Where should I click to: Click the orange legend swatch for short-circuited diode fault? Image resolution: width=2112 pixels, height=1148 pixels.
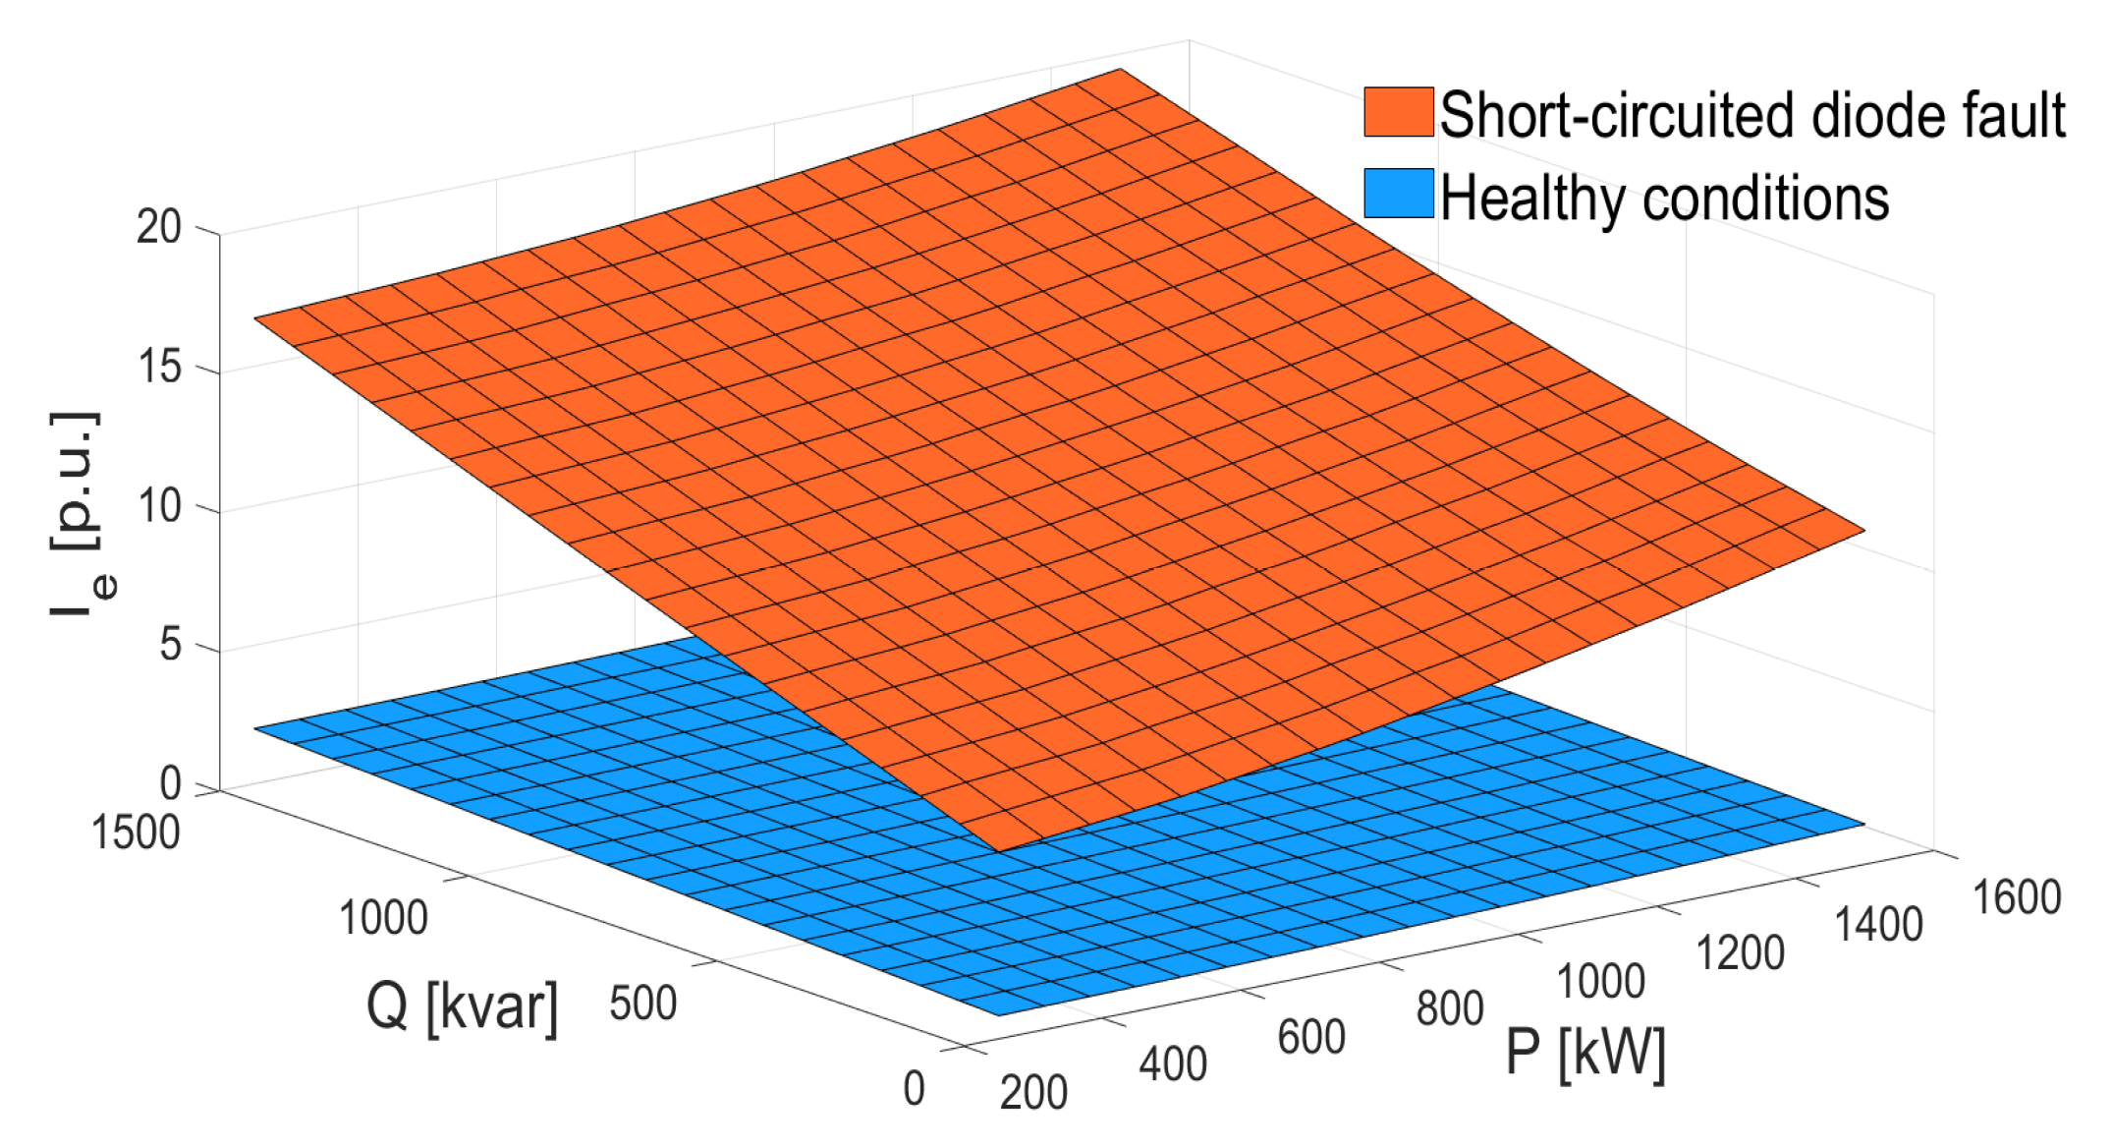tap(1398, 112)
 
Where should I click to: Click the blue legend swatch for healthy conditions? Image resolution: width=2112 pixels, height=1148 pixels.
tap(1398, 194)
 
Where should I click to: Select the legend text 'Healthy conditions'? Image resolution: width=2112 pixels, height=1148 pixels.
tap(1664, 199)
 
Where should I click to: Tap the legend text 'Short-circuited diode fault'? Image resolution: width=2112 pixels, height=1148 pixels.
tap(1751, 116)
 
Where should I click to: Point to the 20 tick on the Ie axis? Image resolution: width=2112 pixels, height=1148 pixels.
tap(159, 228)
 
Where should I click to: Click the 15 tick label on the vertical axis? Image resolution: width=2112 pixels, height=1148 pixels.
tap(159, 368)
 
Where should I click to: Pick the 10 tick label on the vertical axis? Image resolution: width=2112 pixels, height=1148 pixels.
tap(159, 507)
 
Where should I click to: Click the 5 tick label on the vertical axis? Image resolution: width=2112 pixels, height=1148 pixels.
tap(171, 646)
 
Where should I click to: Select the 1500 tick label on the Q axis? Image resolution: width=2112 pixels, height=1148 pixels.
tap(136, 832)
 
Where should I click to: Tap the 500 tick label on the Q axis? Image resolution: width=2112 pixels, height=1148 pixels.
tap(642, 1004)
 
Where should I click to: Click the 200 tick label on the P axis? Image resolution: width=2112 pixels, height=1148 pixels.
tap(1033, 1092)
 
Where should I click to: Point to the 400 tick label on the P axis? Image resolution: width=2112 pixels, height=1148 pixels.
tap(1172, 1064)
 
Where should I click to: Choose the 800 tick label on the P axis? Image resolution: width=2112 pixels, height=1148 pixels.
tap(1449, 1008)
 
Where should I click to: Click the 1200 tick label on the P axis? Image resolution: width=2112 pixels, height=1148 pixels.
tap(1740, 952)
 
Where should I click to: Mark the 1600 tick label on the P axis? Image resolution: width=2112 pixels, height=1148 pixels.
tap(2017, 897)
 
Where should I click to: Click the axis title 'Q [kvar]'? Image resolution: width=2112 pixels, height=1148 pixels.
tap(462, 1007)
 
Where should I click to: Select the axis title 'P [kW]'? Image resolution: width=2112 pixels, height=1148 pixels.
tap(1585, 1054)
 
